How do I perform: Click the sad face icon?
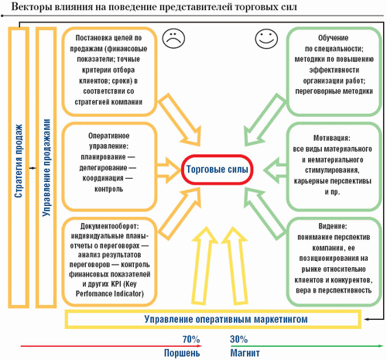point(173,39)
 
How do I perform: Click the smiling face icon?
point(266,39)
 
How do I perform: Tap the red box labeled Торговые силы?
point(217,170)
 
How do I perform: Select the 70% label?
point(191,339)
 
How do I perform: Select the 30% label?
point(238,339)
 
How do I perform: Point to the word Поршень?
point(182,353)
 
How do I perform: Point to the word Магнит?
point(245,353)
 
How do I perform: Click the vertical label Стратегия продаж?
point(19,161)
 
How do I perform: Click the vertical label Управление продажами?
point(46,167)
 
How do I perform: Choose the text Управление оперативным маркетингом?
point(226,319)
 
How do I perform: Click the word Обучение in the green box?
point(333,38)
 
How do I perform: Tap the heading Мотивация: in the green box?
point(332,138)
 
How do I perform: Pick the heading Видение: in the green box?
point(333,226)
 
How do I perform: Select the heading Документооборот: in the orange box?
point(109,226)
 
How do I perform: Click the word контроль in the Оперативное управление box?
point(108,189)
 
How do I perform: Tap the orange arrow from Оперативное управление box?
point(169,170)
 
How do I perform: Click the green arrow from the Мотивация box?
point(275,170)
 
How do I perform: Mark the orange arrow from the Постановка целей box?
point(180,120)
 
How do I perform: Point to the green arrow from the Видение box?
point(265,214)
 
